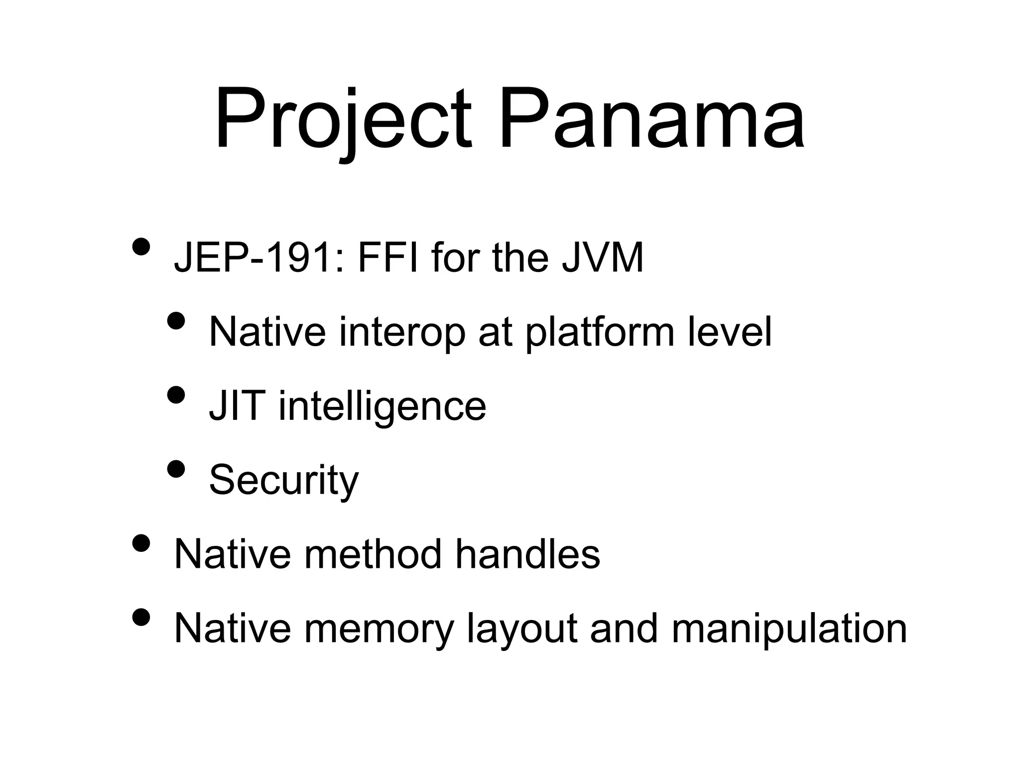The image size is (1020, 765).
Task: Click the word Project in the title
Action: click(x=343, y=120)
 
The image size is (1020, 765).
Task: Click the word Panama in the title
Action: click(x=651, y=120)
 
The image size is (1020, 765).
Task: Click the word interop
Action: click(x=401, y=332)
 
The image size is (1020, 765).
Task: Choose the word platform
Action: click(x=600, y=332)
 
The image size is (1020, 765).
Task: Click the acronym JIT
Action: click(x=235, y=406)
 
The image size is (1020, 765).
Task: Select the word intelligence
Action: click(x=382, y=406)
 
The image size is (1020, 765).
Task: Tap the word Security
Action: click(x=283, y=480)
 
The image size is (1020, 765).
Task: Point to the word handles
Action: click(x=527, y=554)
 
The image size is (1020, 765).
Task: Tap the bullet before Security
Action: click(x=176, y=469)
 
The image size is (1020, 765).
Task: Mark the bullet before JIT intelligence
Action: click(x=176, y=394)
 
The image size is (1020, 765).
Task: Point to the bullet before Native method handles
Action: click(x=141, y=543)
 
